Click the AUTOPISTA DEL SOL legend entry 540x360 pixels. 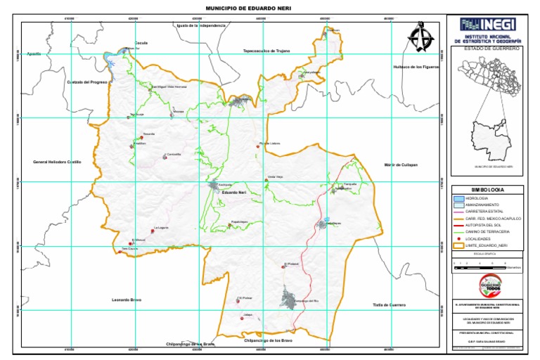[491, 225]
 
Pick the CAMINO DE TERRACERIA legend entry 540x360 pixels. [491, 231]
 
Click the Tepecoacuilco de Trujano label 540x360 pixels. [266, 51]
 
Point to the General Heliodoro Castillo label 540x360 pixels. [57, 162]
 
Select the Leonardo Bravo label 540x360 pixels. [127, 300]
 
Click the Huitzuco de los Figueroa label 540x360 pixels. [416, 67]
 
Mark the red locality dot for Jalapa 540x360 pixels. [241, 319]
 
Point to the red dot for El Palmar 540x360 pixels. [238, 301]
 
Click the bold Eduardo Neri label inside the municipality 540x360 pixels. [233, 192]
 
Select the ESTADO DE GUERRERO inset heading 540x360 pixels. [491, 49]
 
